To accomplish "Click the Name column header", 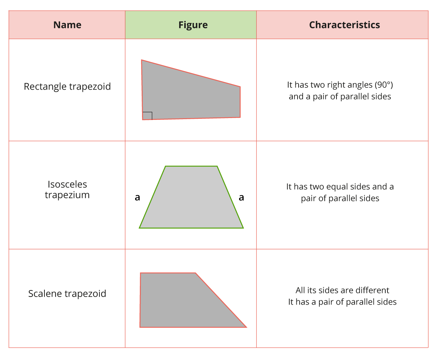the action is pos(67,25).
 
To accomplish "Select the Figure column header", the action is pos(193,25).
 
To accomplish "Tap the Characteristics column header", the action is pos(345,25).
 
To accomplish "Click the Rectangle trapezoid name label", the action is pos(67,86).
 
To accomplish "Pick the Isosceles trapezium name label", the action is pos(67,189).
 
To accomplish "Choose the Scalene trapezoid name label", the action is pos(67,293).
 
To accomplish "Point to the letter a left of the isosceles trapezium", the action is pos(137,197).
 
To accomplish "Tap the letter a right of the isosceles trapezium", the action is pos(241,197).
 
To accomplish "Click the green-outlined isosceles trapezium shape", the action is pos(191,197).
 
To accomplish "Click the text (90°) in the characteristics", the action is pos(384,85).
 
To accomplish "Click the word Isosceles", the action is pos(67,184).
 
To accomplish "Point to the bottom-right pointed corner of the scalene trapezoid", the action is pos(247,328).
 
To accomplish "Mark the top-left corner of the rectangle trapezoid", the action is pos(142,60).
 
